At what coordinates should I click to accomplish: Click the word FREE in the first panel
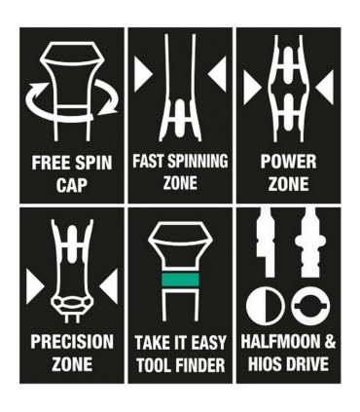[48, 163]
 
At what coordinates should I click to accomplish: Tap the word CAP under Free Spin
[72, 185]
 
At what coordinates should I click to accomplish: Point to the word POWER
[288, 162]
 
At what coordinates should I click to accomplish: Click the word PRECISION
[72, 342]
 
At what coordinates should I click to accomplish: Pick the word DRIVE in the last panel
[306, 364]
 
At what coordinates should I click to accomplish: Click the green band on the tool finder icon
[180, 280]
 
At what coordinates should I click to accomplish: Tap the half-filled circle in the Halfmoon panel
[264, 307]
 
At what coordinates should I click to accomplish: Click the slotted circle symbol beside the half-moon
[310, 307]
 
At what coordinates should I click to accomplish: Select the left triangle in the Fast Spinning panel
[143, 75]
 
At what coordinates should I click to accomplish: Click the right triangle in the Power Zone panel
[325, 88]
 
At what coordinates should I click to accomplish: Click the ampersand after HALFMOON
[329, 342]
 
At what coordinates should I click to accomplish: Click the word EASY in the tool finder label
[208, 343]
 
